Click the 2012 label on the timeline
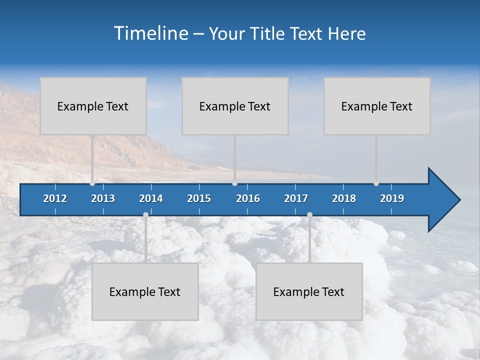click(x=55, y=198)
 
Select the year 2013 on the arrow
click(x=103, y=198)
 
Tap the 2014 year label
click(x=151, y=198)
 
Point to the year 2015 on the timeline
click(x=199, y=198)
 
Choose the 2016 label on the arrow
click(x=248, y=198)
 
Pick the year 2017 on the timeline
click(x=296, y=198)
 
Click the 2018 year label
click(x=344, y=198)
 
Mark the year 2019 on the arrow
click(x=392, y=198)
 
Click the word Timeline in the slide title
click(x=150, y=33)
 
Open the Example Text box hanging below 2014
click(x=145, y=291)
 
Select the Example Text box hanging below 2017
click(x=309, y=291)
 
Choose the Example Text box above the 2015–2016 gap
click(x=235, y=106)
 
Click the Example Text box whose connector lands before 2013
click(x=93, y=106)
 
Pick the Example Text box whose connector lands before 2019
click(x=377, y=106)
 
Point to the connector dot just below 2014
click(x=145, y=215)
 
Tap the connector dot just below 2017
click(x=309, y=215)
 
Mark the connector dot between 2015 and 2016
click(x=235, y=183)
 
